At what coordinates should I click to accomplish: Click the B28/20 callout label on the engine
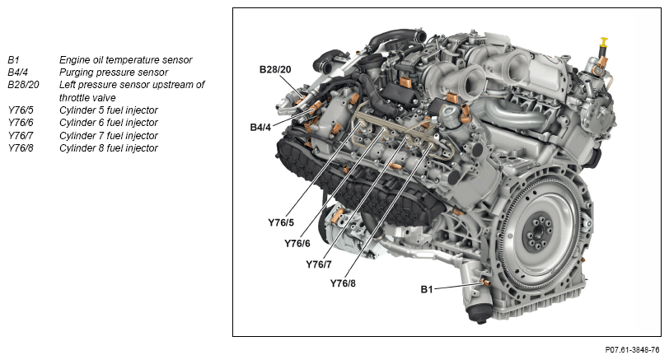coord(275,69)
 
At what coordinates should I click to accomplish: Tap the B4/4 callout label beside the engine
coord(260,127)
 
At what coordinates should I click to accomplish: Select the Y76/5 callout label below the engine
coord(281,222)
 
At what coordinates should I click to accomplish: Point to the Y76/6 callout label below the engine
coord(297,243)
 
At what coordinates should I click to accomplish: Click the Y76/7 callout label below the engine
coord(318,264)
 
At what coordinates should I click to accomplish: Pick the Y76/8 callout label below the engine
coord(343,283)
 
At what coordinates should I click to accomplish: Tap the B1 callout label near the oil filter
coord(427,289)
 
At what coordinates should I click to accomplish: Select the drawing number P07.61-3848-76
coord(632,350)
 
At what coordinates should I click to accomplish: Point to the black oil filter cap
coord(478,314)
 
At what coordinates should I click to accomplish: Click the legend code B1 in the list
coord(13,59)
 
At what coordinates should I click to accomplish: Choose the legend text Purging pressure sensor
coord(114,72)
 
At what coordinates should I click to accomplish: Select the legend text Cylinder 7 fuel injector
coord(109,135)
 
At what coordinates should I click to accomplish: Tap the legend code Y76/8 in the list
coord(21,147)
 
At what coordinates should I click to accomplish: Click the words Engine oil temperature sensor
coord(125,59)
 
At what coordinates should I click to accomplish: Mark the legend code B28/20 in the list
coord(23,85)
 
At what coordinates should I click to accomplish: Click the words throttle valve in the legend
coord(87,97)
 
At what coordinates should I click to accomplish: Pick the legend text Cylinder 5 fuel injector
coord(109,110)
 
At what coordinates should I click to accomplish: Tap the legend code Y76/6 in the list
coord(21,123)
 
